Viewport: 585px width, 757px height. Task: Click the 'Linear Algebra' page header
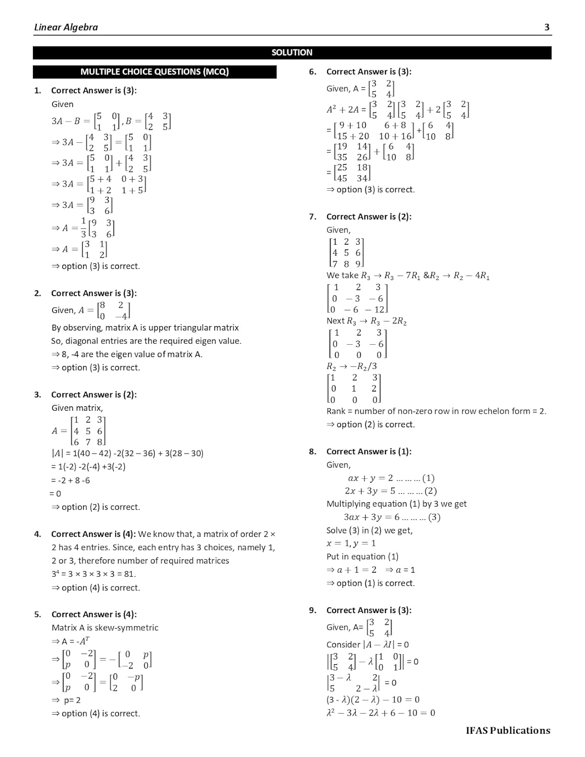pos(66,27)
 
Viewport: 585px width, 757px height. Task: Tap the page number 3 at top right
pos(547,27)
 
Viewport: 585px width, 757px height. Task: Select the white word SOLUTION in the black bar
pos(292,52)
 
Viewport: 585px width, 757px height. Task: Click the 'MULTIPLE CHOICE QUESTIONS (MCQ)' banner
pos(154,72)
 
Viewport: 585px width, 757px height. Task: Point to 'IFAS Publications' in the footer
pos(508,730)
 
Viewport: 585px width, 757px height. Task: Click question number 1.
pos(37,91)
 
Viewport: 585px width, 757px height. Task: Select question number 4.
pos(37,534)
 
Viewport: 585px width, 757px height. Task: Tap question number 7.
pos(312,217)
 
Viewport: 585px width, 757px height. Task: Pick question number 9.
pos(312,611)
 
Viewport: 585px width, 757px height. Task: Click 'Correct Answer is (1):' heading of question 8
pos(368,452)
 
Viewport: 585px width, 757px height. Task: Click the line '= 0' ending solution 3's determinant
pos(56,494)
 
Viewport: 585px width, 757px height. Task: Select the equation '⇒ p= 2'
pos(66,700)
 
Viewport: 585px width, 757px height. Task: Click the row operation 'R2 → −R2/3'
pos(351,366)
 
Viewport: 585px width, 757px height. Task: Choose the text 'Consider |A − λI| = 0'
pos(367,644)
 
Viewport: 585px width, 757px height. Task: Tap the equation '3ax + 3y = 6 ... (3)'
pos(392,517)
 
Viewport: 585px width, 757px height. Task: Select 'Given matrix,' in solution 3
pos(77,408)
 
